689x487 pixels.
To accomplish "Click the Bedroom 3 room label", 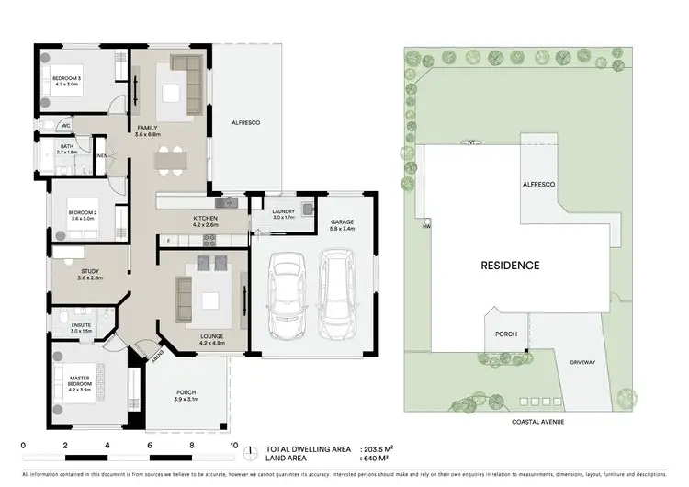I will pos(66,79).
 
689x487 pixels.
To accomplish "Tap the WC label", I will pos(66,126).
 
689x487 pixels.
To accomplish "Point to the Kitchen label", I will pos(204,219).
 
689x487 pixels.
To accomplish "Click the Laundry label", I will pos(283,212).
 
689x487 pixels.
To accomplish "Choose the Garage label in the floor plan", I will pos(342,222).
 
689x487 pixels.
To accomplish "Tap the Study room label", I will pos(89,272).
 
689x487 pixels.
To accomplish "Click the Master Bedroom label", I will pos(84,379).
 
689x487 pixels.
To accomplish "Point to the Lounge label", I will pos(212,336).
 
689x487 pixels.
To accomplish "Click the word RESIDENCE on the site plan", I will pos(510,266).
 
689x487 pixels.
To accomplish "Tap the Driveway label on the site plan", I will pos(582,362).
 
